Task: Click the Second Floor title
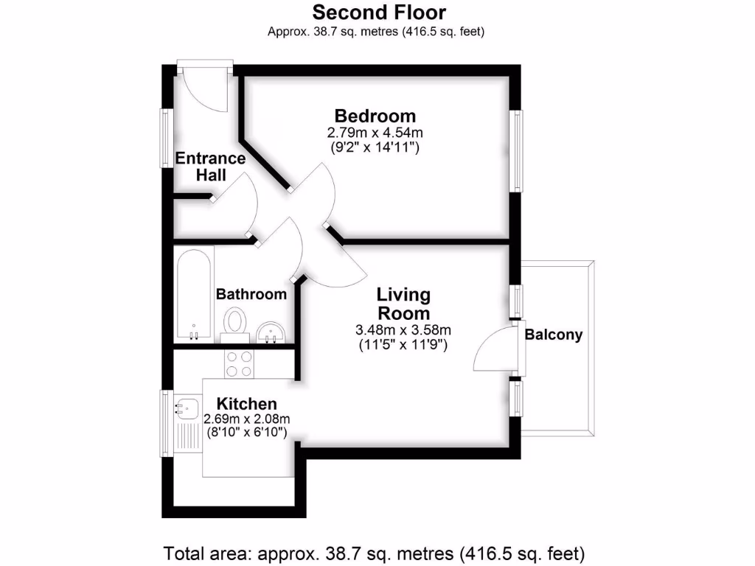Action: pyautogui.click(x=379, y=13)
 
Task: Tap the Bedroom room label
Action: pyautogui.click(x=375, y=116)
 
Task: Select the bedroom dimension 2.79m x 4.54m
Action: pyautogui.click(x=375, y=133)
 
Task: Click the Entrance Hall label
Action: pyautogui.click(x=210, y=166)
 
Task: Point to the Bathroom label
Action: pyautogui.click(x=251, y=294)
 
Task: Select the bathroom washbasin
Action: pyautogui.click(x=274, y=332)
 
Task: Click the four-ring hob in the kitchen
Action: pyautogui.click(x=239, y=363)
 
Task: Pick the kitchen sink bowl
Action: pyautogui.click(x=187, y=405)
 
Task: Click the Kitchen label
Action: pyautogui.click(x=246, y=404)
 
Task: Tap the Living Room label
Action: pyautogui.click(x=403, y=304)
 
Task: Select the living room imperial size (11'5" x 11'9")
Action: pyautogui.click(x=403, y=343)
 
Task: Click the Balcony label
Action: pyautogui.click(x=553, y=335)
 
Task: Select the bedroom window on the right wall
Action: pyautogui.click(x=518, y=150)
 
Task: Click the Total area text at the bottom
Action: pyautogui.click(x=374, y=551)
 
